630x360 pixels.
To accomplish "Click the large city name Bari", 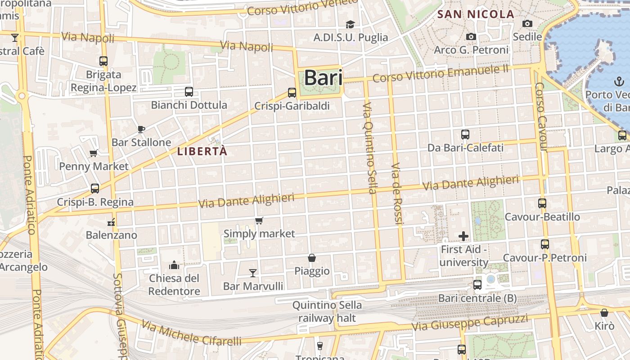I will click(x=323, y=78).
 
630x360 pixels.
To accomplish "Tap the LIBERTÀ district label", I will click(x=202, y=151).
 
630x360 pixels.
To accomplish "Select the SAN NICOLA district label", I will click(x=476, y=14).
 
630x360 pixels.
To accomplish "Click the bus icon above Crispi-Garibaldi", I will click(x=292, y=93).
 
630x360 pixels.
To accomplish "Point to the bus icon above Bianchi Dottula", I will click(x=189, y=92).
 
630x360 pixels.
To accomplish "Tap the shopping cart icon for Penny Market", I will click(x=94, y=153).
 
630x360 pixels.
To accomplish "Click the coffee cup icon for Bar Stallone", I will click(x=141, y=130).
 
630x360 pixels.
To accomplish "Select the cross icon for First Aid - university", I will click(x=463, y=236).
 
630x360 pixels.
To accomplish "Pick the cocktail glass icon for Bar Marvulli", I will click(x=253, y=273).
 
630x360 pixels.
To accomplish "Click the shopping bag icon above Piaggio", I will click(x=311, y=258).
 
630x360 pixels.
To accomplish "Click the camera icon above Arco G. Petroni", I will click(x=471, y=37).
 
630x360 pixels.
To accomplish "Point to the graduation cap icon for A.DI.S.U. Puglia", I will click(x=350, y=24).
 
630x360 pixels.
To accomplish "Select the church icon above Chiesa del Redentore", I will click(x=174, y=265).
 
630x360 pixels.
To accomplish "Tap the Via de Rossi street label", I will click(x=396, y=193).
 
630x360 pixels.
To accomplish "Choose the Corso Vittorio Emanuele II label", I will click(x=441, y=73).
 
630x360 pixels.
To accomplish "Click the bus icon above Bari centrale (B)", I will click(x=477, y=285).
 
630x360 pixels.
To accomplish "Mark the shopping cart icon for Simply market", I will click(x=259, y=220).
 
